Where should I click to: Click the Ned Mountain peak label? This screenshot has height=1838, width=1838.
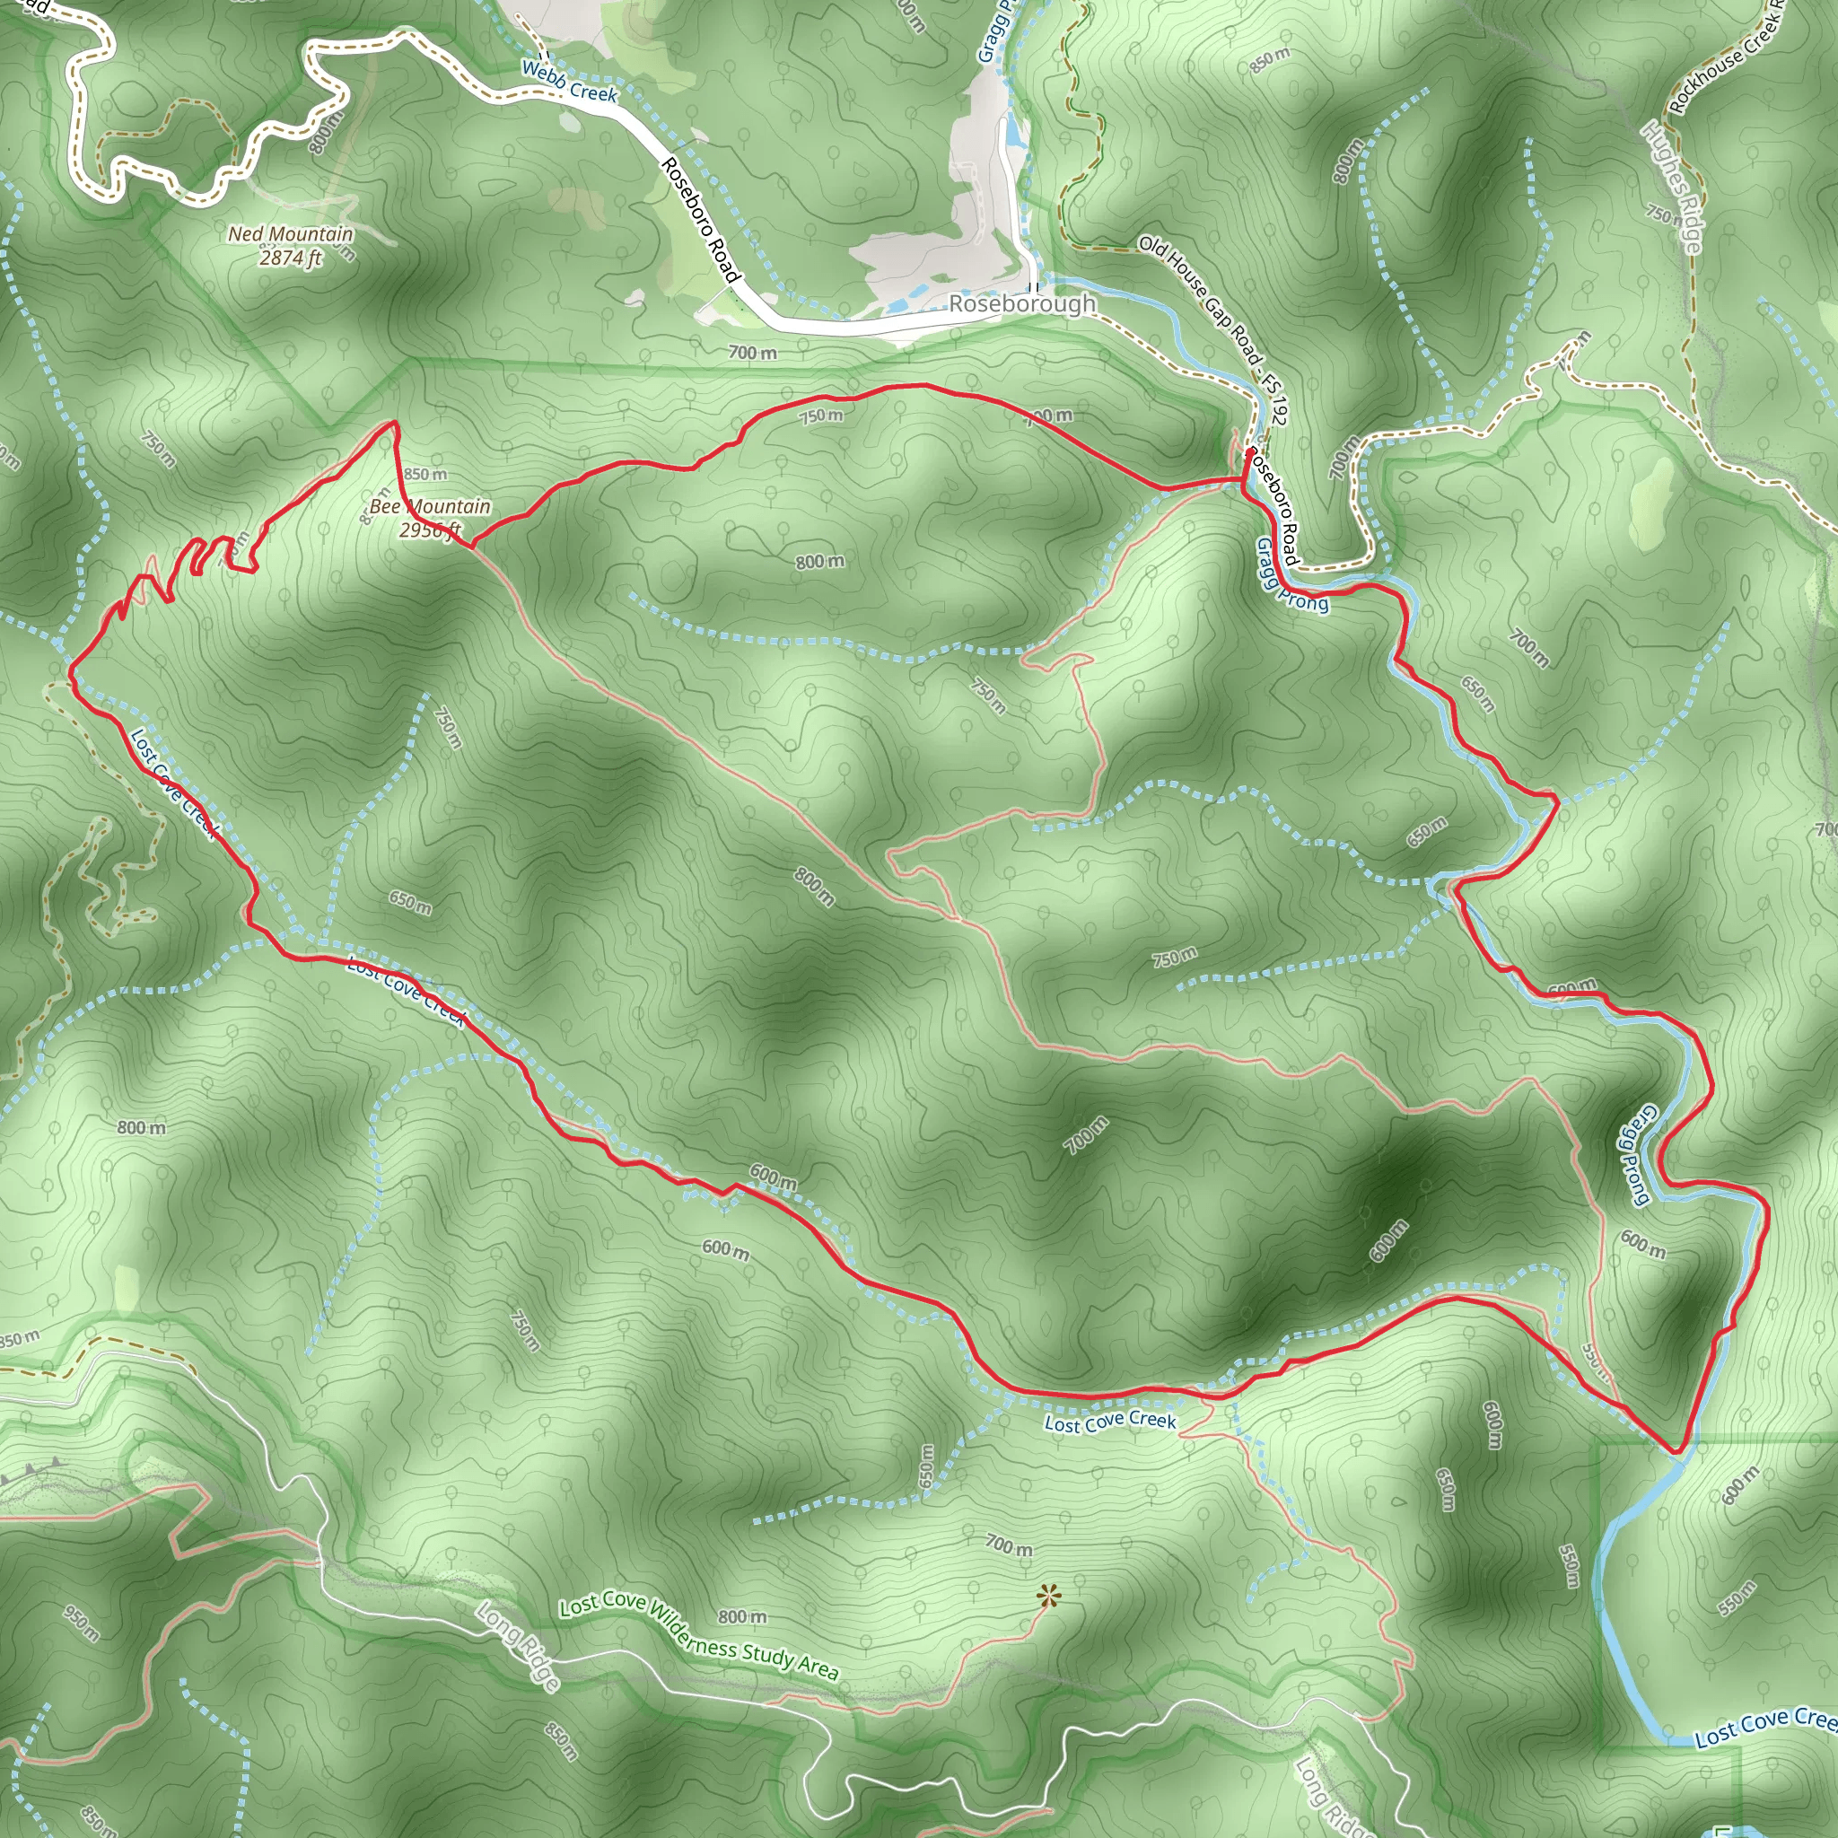coord(290,233)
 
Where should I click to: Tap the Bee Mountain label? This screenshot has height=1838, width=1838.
coord(430,506)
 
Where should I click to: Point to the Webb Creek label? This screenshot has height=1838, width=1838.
coord(569,82)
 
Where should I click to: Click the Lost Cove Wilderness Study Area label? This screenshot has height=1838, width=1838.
coord(698,1638)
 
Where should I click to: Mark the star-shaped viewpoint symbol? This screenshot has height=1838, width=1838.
coord(1047,1596)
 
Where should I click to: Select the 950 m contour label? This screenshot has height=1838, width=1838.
coord(82,1623)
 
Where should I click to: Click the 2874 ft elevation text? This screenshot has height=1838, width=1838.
coord(291,258)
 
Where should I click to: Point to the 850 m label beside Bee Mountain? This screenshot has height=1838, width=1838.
coord(424,474)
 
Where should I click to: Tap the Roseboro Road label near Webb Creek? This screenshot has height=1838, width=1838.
coord(700,220)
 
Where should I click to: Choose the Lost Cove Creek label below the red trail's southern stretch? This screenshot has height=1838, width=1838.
coord(1109,1422)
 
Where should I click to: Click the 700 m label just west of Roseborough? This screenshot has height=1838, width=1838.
coord(752,353)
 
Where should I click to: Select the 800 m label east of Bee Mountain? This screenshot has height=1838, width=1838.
coord(819,561)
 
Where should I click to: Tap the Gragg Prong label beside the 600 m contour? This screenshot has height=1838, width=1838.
coord(1634,1155)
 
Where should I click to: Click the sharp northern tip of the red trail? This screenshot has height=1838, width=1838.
coord(394,422)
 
